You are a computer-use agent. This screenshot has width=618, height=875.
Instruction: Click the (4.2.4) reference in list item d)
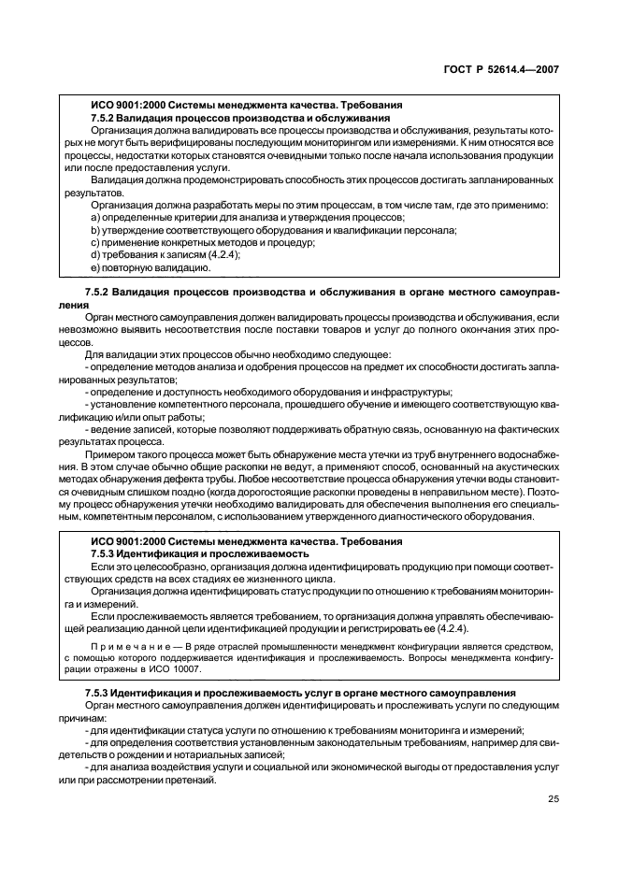click(x=222, y=254)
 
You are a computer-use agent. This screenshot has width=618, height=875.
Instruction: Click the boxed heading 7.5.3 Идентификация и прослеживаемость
click(x=190, y=553)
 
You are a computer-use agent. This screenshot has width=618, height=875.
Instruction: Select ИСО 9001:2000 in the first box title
click(x=128, y=106)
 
